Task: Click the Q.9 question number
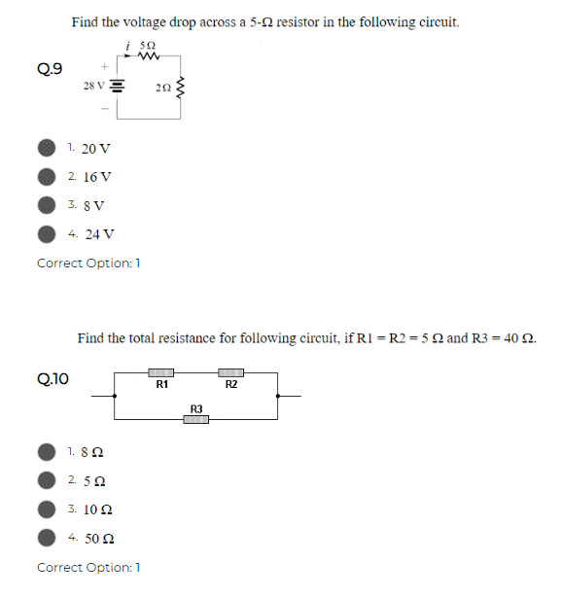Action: pos(50,68)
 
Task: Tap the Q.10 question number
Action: pos(53,379)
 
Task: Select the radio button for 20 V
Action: pos(47,148)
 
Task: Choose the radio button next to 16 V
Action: pos(47,177)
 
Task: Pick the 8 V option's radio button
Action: pos(47,205)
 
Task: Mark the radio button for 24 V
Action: pos(47,233)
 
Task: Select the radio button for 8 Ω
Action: pos(47,452)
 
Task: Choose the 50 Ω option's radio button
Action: pos(47,538)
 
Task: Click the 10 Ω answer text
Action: pos(98,509)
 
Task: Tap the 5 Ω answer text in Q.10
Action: pos(94,481)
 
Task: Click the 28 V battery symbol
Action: pos(117,86)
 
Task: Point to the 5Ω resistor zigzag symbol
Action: pos(149,56)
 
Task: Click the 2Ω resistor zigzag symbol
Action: pos(180,88)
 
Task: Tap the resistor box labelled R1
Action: pos(161,372)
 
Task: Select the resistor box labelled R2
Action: pos(230,372)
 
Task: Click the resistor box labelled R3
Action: pos(196,420)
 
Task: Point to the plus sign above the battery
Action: pos(105,66)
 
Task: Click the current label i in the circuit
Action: pos(128,47)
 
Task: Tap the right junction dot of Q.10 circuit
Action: pos(277,396)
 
